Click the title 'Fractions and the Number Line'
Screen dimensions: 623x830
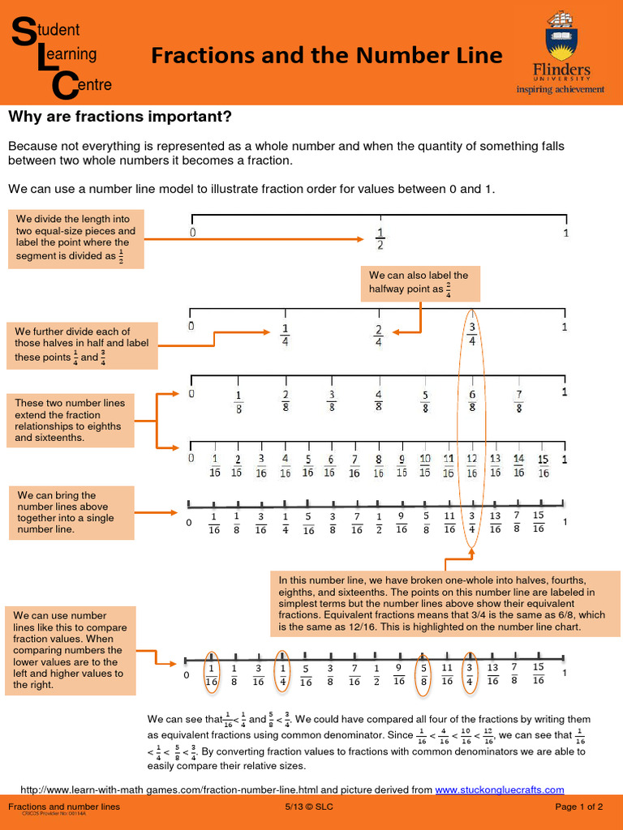[x=327, y=55]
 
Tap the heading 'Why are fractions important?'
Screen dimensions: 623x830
[x=120, y=117]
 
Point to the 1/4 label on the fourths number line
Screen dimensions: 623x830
[x=285, y=335]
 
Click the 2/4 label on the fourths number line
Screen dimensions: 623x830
[x=378, y=335]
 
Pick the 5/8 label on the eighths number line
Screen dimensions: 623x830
[x=425, y=401]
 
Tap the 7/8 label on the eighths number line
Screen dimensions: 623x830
[x=518, y=401]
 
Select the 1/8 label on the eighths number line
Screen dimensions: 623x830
[x=238, y=401]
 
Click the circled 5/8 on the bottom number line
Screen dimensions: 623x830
[x=423, y=674]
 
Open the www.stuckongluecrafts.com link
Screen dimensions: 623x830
[x=499, y=789]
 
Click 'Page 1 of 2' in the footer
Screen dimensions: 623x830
[x=578, y=806]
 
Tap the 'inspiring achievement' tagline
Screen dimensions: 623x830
[x=561, y=89]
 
